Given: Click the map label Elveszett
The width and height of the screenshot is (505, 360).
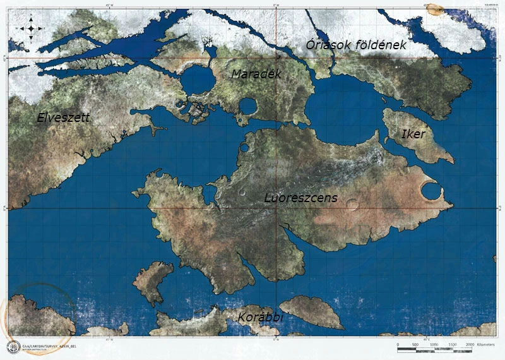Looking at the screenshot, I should coord(63,117).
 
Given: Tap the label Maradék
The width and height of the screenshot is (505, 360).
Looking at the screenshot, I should coord(256,75).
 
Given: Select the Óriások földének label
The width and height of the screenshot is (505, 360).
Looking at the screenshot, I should coord(355,45).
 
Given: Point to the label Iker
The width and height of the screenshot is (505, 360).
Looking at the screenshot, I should coord(413,135).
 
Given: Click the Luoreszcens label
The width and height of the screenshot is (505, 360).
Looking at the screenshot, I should coord(300,198).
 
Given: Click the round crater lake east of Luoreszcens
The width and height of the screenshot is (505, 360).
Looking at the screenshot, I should coord(431,190).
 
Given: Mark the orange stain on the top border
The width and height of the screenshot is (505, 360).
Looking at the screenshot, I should coord(434,9).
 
